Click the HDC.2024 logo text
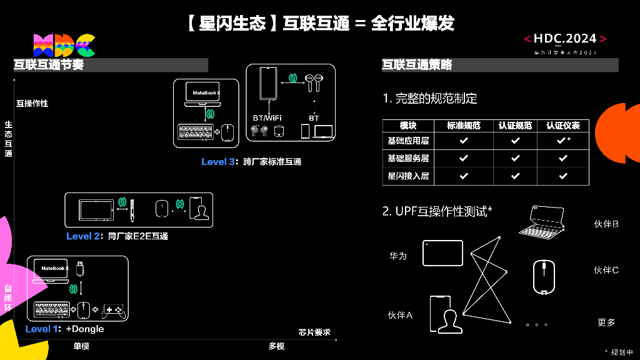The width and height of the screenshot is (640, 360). [x=565, y=39]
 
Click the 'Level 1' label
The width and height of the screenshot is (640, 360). [x=43, y=329]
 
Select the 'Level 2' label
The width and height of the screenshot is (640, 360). [x=83, y=236]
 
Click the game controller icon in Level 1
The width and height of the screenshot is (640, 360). [x=114, y=309]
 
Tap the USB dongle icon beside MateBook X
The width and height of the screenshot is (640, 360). [x=79, y=269]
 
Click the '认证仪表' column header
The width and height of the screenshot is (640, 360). [x=562, y=125]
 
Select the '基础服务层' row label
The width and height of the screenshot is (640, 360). [x=408, y=159]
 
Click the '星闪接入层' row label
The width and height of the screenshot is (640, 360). [x=408, y=176]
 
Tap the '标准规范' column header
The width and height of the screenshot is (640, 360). [x=464, y=125]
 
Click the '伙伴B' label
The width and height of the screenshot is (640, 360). [x=606, y=224]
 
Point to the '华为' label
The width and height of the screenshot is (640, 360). [x=397, y=256]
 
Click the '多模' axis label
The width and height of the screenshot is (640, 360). [x=276, y=346]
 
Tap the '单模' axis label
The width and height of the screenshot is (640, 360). [x=81, y=346]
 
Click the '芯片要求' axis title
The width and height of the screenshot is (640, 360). [x=314, y=332]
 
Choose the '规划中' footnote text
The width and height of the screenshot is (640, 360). [x=619, y=352]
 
